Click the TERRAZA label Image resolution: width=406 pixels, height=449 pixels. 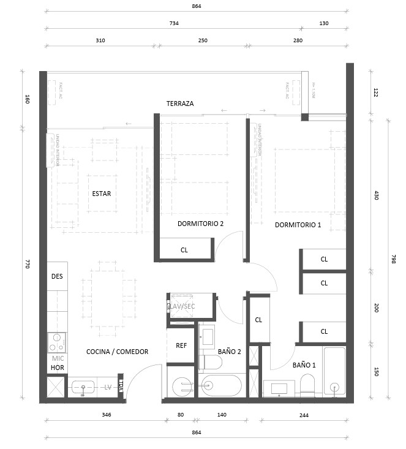pyautogui.click(x=180, y=104)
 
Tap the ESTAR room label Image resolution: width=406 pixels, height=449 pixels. pyautogui.click(x=102, y=194)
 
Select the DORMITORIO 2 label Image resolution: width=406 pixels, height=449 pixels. pyautogui.click(x=200, y=224)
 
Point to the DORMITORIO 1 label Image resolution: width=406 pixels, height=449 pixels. pyautogui.click(x=298, y=225)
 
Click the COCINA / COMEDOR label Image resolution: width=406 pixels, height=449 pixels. pyautogui.click(x=117, y=352)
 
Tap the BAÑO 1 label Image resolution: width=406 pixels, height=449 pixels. pyautogui.click(x=304, y=365)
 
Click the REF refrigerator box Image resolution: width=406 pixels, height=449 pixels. pyautogui.click(x=181, y=345)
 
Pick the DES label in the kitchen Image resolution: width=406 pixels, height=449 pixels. pyautogui.click(x=57, y=276)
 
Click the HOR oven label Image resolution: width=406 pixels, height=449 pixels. pyautogui.click(x=57, y=368)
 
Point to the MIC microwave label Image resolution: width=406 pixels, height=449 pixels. pyautogui.click(x=58, y=358)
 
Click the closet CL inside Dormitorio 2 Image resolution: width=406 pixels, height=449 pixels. pyautogui.click(x=184, y=250)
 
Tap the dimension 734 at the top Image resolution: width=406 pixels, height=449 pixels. pyautogui.click(x=174, y=23)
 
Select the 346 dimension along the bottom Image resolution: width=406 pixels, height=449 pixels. pyautogui.click(x=107, y=415)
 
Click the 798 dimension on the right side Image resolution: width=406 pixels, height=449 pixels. pyautogui.click(x=393, y=260)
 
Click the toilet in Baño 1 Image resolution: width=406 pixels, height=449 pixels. pyautogui.click(x=307, y=385)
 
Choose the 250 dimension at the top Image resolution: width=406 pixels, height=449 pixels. pyautogui.click(x=203, y=40)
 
